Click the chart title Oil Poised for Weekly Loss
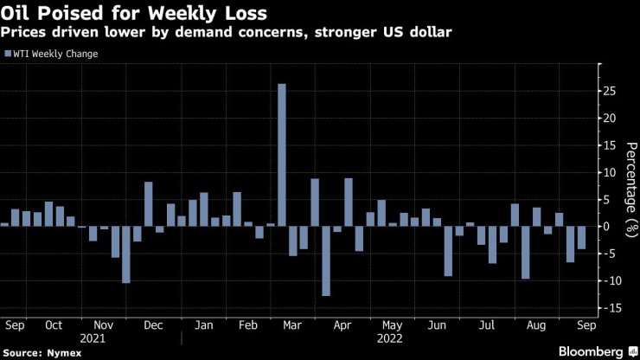[133, 14]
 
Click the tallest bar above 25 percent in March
[281, 154]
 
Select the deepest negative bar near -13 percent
[326, 260]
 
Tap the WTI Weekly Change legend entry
[54, 54]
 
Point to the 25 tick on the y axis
[611, 90]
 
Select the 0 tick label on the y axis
[608, 226]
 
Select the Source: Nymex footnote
[41, 351]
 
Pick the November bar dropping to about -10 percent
[125, 254]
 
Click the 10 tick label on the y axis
[611, 171]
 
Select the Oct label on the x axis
[53, 326]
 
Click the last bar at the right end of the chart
[581, 237]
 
